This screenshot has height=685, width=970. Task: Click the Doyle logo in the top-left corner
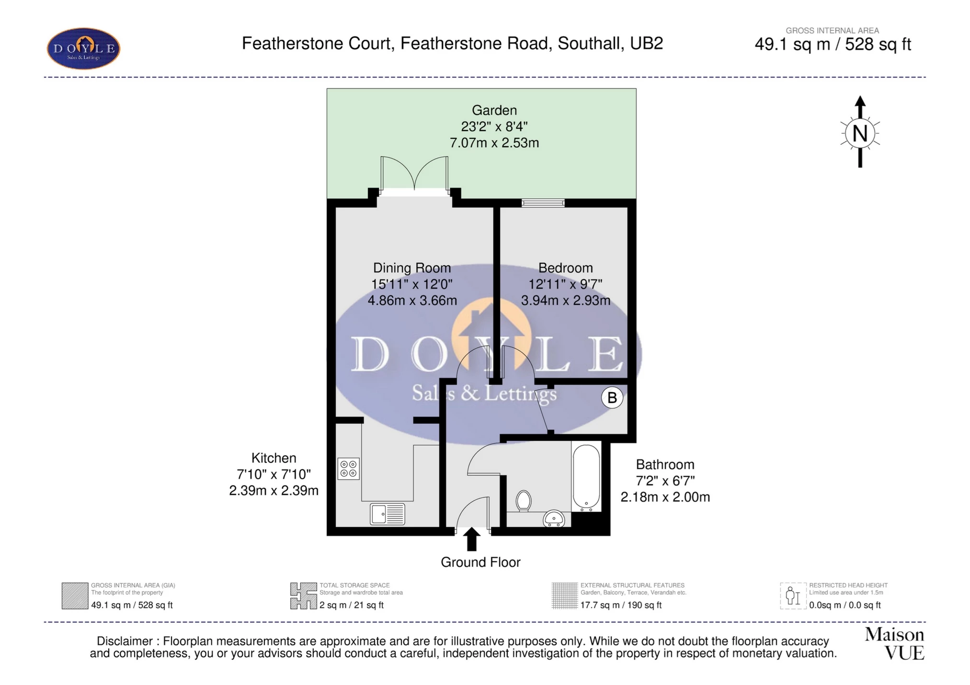point(83,48)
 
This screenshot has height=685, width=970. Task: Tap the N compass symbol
point(860,133)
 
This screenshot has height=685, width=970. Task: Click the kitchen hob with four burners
point(348,469)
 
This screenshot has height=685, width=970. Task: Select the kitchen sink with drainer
point(387,514)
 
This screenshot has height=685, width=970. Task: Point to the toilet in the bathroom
point(524,501)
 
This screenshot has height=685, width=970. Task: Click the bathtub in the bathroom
point(586,476)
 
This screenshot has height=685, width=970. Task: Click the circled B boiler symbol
point(612,397)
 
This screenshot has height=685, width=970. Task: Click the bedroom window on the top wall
point(543,203)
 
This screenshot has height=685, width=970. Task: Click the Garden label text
point(494,110)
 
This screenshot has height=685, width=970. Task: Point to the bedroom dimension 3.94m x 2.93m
point(565,301)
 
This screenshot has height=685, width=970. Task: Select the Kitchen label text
point(274,458)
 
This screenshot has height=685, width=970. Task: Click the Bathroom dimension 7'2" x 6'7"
point(665,481)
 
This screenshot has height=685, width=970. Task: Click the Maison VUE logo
point(894,644)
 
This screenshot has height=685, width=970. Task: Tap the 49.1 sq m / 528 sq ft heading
point(832,45)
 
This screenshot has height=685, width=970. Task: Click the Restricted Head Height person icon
point(793,596)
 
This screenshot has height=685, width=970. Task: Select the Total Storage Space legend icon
point(303,596)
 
